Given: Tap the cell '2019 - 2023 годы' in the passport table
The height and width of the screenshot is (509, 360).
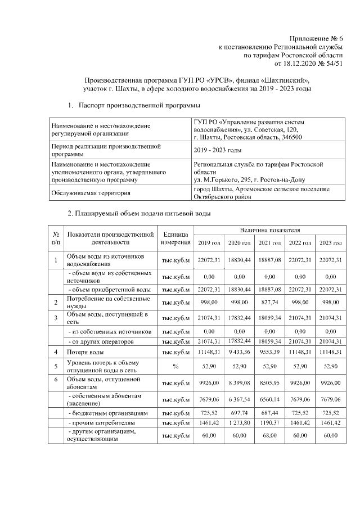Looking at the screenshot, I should [217, 150].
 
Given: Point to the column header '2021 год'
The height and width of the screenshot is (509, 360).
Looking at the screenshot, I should [269, 242].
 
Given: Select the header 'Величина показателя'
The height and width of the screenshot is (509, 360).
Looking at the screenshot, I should [269, 230].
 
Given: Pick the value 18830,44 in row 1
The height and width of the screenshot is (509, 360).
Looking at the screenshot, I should [239, 260].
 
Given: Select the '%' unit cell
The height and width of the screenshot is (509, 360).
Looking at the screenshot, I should [176, 366].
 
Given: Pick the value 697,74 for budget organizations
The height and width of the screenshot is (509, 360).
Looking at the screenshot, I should [239, 413].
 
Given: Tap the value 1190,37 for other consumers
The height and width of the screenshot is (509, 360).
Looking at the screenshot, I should [269, 422].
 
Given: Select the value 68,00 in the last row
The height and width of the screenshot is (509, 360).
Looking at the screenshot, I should [269, 435].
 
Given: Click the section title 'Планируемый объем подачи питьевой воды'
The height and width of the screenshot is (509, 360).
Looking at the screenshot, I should [139, 214].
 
